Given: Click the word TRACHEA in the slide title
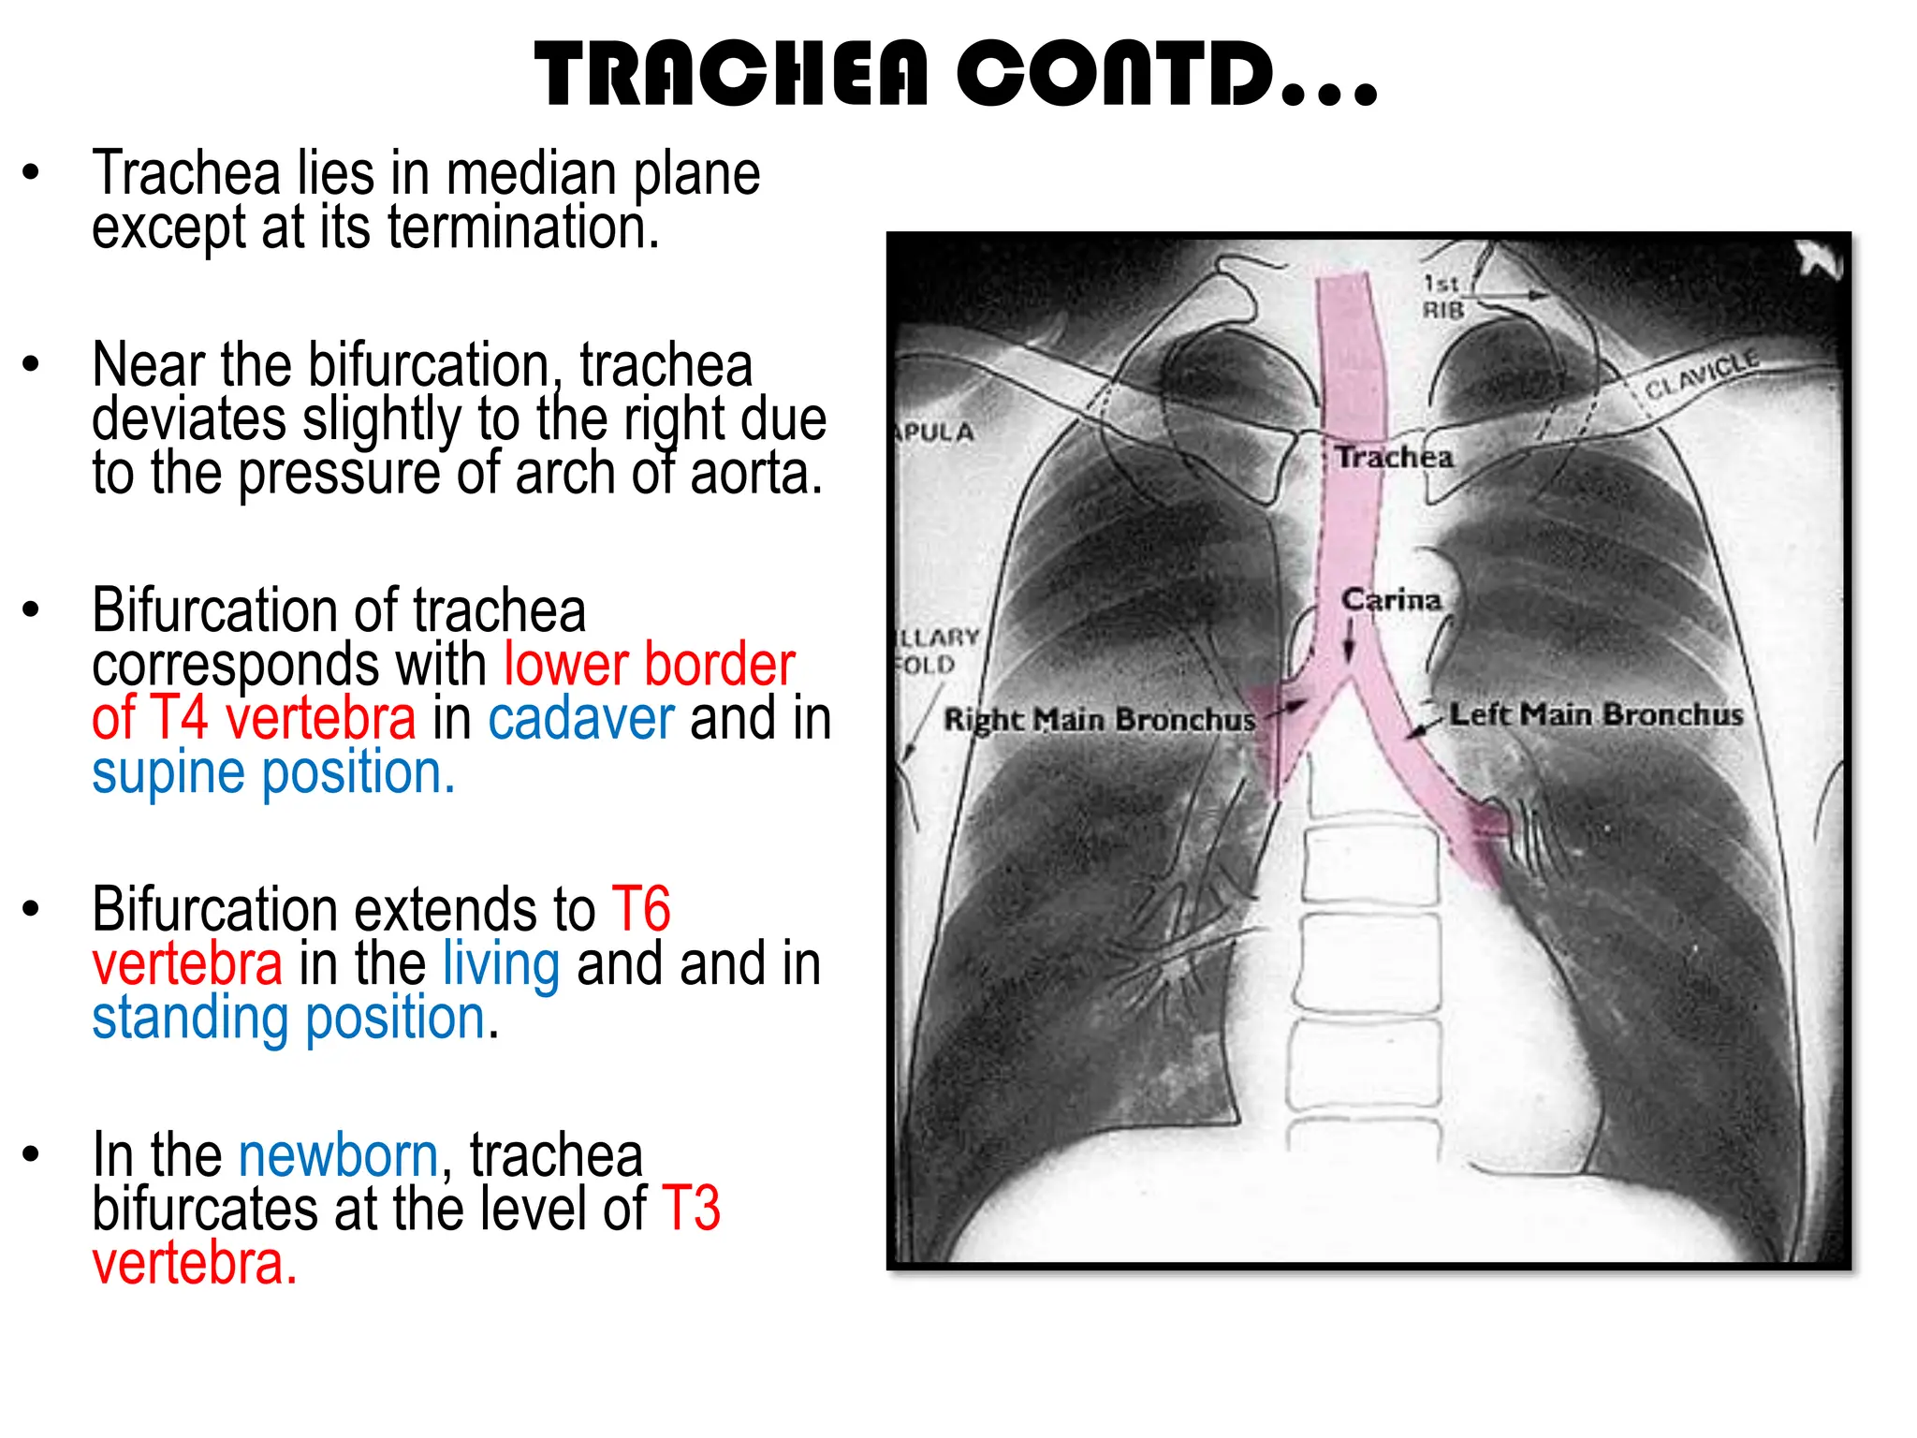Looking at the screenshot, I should click(731, 75).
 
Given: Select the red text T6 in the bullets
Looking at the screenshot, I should click(641, 909).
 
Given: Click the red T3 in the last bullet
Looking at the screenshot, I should click(691, 1209).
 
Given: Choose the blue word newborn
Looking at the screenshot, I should click(338, 1155).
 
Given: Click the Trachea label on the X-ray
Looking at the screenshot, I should click(1394, 457).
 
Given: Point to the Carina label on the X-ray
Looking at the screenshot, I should click(1391, 599).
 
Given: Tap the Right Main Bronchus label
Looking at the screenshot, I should click(1099, 720).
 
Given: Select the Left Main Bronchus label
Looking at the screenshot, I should click(1596, 715).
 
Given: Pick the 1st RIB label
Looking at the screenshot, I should click(1441, 296).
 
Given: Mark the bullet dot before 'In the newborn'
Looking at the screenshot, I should click(32, 1155).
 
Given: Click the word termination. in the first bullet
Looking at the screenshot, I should click(523, 227).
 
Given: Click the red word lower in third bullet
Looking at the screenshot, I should click(565, 665).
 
